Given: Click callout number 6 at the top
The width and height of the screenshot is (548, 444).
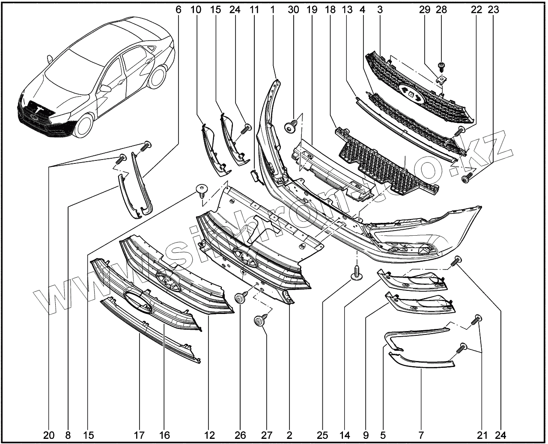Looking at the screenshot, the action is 178,9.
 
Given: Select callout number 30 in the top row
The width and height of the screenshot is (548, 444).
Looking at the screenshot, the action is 294,9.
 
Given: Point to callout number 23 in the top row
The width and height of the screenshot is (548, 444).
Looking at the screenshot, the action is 494,9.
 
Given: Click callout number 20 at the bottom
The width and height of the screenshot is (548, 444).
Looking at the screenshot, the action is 49,435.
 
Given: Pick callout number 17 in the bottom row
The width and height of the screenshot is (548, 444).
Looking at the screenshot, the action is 139,435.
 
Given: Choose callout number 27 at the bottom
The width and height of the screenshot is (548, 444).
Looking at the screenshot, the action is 266,435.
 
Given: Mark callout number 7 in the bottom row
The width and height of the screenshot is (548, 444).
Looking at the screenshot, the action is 421,435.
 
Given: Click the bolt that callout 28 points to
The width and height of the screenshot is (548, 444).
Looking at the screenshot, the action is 441,66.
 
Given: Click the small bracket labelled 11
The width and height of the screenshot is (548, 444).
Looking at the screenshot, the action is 254,175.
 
